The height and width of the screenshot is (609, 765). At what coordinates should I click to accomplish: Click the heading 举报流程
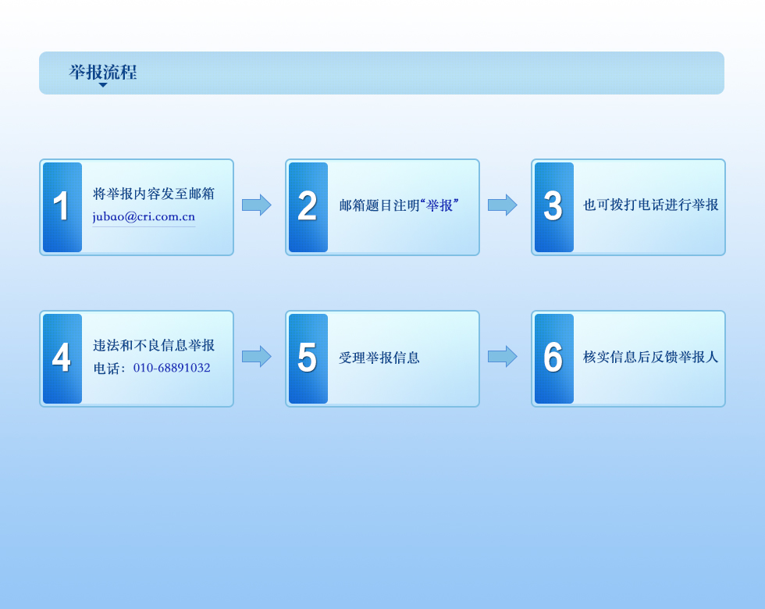click(103, 72)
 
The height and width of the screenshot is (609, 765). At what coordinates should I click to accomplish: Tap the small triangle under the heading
click(103, 85)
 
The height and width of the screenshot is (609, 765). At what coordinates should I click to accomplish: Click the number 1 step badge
click(62, 208)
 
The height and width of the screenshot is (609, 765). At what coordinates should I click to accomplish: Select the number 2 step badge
click(308, 208)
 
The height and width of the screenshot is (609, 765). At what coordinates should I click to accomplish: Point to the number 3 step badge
click(554, 208)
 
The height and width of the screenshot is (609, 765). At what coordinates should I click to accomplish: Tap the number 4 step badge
click(62, 358)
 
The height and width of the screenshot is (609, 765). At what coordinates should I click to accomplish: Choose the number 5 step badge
click(308, 358)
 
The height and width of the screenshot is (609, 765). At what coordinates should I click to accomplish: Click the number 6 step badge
click(554, 358)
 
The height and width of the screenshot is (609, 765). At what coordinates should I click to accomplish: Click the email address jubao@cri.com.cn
click(144, 217)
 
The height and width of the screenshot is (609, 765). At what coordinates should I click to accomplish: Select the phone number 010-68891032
click(172, 368)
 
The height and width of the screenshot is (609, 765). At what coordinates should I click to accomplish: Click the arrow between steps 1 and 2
click(257, 205)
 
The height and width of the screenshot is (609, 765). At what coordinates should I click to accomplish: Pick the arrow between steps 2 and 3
click(503, 205)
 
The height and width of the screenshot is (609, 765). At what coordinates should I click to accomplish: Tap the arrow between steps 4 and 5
click(257, 356)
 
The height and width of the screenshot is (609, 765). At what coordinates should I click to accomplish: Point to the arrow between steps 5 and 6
click(503, 356)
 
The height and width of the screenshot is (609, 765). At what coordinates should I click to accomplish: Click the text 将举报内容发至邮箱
click(154, 194)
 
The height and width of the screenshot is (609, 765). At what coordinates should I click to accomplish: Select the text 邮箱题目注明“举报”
click(399, 205)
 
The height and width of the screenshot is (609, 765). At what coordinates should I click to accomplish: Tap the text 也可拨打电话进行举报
click(651, 205)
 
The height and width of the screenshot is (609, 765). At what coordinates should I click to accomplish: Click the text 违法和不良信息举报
click(154, 345)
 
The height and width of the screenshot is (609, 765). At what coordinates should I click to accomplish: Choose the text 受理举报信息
click(379, 358)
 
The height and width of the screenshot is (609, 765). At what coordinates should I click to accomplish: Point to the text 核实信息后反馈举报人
click(651, 358)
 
